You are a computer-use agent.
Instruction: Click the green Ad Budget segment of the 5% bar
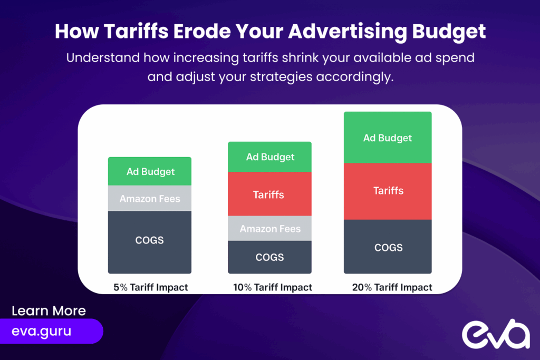click(x=150, y=171)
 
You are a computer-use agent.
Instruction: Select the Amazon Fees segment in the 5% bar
click(x=150, y=198)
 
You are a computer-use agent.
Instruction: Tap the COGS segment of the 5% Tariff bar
click(x=150, y=242)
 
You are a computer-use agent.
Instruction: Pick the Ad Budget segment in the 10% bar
click(x=269, y=157)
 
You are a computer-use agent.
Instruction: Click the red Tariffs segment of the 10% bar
click(x=269, y=194)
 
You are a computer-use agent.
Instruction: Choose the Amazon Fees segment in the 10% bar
click(x=269, y=229)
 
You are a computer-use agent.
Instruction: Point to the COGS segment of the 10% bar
click(x=269, y=257)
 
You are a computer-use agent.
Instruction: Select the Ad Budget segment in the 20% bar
click(x=388, y=138)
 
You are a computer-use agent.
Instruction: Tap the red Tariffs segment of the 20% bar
click(x=388, y=191)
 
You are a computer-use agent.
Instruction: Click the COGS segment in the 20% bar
click(x=388, y=247)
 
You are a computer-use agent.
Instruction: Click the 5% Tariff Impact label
click(x=151, y=287)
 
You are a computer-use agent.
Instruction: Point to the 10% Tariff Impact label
click(x=273, y=287)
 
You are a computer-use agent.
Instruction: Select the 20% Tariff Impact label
click(x=392, y=287)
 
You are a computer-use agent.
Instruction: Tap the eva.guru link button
click(x=51, y=331)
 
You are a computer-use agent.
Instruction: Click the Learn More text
click(x=49, y=311)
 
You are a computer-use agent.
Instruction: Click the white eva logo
click(x=496, y=334)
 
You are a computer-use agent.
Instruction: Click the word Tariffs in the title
click(x=136, y=31)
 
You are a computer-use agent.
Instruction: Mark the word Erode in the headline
click(x=202, y=31)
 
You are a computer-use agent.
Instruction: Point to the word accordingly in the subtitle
click(x=355, y=77)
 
